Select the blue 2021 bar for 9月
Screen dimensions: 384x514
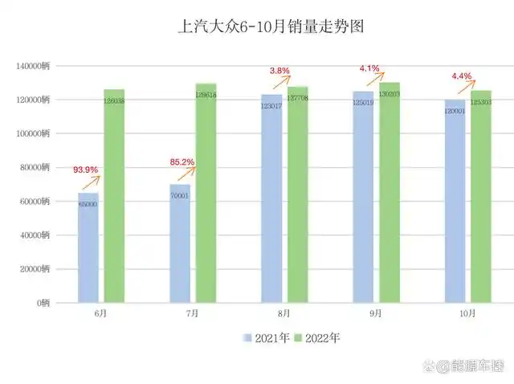click(x=363, y=198)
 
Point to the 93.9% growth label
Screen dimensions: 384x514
click(x=86, y=170)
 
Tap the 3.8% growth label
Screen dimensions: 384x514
click(x=279, y=71)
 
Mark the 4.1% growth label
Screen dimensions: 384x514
click(x=369, y=68)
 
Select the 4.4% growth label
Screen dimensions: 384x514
click(x=462, y=76)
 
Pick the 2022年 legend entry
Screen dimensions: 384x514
click(x=317, y=338)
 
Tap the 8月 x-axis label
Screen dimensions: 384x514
click(x=285, y=315)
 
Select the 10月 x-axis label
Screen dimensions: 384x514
click(x=470, y=315)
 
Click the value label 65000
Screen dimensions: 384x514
click(x=88, y=205)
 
